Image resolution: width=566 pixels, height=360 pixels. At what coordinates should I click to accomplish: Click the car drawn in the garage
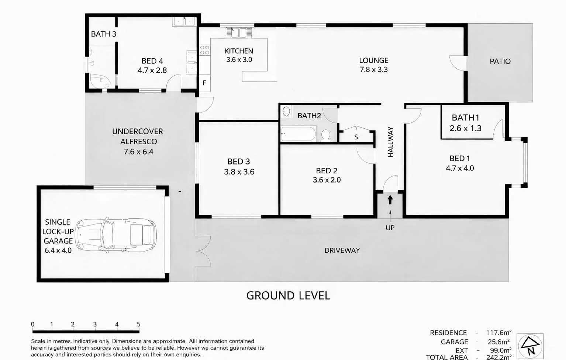coord(116,235)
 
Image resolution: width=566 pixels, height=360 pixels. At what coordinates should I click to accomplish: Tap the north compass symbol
coord(530,346)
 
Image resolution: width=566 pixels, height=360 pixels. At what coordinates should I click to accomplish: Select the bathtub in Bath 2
coord(298,134)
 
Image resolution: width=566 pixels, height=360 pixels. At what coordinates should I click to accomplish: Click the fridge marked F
coord(204,83)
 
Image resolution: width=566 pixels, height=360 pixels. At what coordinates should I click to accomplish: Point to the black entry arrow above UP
coord(390,200)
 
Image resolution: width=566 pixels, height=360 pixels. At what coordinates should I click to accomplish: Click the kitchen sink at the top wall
coord(239,32)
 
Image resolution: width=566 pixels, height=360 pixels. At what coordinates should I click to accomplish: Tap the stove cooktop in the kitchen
coord(204,50)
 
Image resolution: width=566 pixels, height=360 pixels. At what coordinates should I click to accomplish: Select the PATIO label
coord(500,62)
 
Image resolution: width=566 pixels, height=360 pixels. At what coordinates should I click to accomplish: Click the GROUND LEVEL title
coord(288,295)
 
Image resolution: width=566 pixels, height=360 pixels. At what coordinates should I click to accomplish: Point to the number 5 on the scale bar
coord(139,324)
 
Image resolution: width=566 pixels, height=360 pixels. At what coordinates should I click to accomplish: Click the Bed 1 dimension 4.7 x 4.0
coord(460,168)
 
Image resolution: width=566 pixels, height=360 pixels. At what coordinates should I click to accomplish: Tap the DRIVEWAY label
coord(342,250)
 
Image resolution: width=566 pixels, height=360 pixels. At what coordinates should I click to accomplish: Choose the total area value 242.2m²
coord(498,357)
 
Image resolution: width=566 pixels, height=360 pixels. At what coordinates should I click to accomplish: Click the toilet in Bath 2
coord(325,135)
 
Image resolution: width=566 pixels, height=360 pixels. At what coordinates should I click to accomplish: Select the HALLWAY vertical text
coord(390,142)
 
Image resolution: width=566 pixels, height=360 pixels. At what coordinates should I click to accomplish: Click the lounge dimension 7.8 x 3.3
coord(373,69)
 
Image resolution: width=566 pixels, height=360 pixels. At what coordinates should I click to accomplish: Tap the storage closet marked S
coord(356,137)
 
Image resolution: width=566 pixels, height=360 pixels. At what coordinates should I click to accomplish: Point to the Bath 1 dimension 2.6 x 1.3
coord(465,128)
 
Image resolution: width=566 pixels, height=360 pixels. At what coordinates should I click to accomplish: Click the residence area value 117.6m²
coord(498,333)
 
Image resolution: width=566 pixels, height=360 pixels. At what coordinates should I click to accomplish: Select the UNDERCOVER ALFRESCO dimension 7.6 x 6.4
coord(138,152)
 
